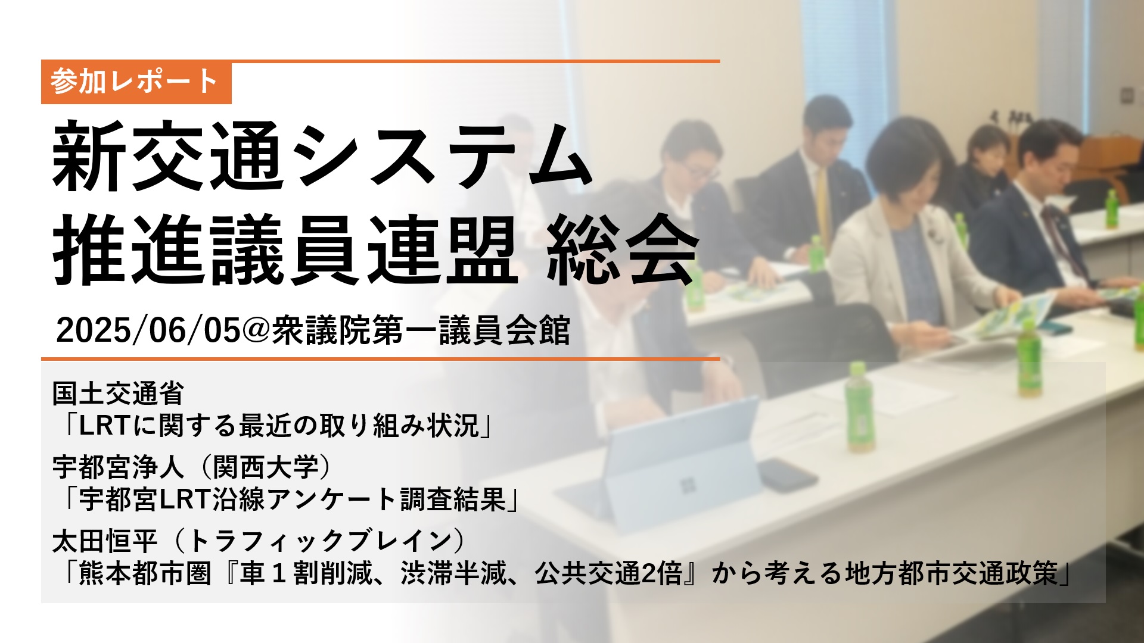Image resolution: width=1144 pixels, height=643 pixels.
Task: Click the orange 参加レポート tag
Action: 136,82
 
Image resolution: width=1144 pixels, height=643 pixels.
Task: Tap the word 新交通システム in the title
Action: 322,156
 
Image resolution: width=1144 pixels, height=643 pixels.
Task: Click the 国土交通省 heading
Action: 118,393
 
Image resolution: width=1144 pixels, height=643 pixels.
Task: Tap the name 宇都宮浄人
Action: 118,467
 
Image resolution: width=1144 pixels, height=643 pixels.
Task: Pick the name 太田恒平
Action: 105,541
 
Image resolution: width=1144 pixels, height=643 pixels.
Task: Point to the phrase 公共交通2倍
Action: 608,574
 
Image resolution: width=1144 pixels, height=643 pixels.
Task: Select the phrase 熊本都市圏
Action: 145,574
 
